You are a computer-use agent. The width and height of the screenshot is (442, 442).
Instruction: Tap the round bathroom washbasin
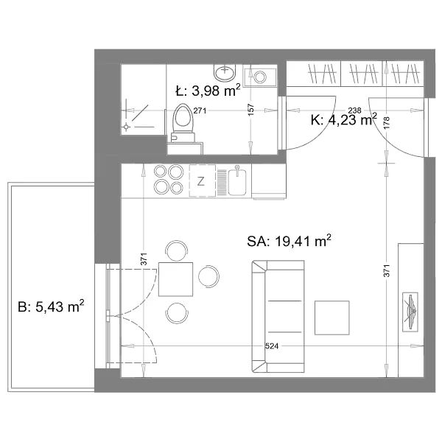pyautogui.click(x=225, y=72)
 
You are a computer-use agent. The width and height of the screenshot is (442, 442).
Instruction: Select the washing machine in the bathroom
pyautogui.click(x=260, y=77)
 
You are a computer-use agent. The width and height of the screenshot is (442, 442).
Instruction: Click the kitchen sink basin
pyautogui.click(x=236, y=182)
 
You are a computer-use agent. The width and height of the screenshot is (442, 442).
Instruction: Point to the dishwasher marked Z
pyautogui.click(x=202, y=180)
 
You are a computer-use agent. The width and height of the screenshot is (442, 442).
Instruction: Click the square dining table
pyautogui.click(x=175, y=279)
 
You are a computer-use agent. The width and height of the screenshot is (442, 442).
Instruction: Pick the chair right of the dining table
pyautogui.click(x=209, y=276)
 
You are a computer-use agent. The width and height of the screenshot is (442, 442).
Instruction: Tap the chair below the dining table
pyautogui.click(x=177, y=313)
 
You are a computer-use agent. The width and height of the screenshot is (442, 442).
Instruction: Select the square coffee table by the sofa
pyautogui.click(x=331, y=318)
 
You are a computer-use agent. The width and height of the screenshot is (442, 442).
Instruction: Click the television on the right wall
pyautogui.click(x=410, y=312)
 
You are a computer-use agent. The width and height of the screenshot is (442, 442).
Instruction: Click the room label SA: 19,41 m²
pyautogui.click(x=290, y=241)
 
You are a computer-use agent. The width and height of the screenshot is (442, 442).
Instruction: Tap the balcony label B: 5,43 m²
pyautogui.click(x=51, y=306)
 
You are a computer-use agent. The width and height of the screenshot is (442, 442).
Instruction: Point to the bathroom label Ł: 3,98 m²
pyautogui.click(x=208, y=91)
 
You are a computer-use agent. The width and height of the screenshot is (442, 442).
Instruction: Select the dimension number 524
pyautogui.click(x=272, y=346)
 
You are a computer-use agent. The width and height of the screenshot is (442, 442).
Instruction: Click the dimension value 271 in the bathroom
pyautogui.click(x=200, y=110)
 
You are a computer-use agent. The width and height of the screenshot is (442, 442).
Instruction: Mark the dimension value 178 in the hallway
pyautogui.click(x=387, y=122)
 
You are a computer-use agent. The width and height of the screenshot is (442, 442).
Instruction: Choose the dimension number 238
pyautogui.click(x=354, y=110)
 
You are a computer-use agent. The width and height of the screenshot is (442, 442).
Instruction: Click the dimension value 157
pyautogui.click(x=250, y=110)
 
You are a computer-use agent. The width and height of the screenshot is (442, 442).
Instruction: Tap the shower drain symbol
pyautogui.click(x=126, y=127)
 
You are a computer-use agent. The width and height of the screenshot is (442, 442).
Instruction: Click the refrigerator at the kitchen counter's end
pyautogui.click(x=269, y=181)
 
